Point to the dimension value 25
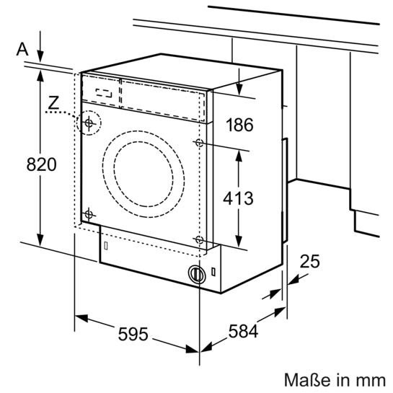tap(309, 262)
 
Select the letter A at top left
tap(22, 48)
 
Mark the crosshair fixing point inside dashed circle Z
tap(89, 123)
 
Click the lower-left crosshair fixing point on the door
tap(89, 214)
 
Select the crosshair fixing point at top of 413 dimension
tap(198, 143)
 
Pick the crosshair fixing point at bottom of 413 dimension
tap(198, 239)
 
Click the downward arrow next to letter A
tap(40, 55)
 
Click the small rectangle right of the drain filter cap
tap(213, 273)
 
